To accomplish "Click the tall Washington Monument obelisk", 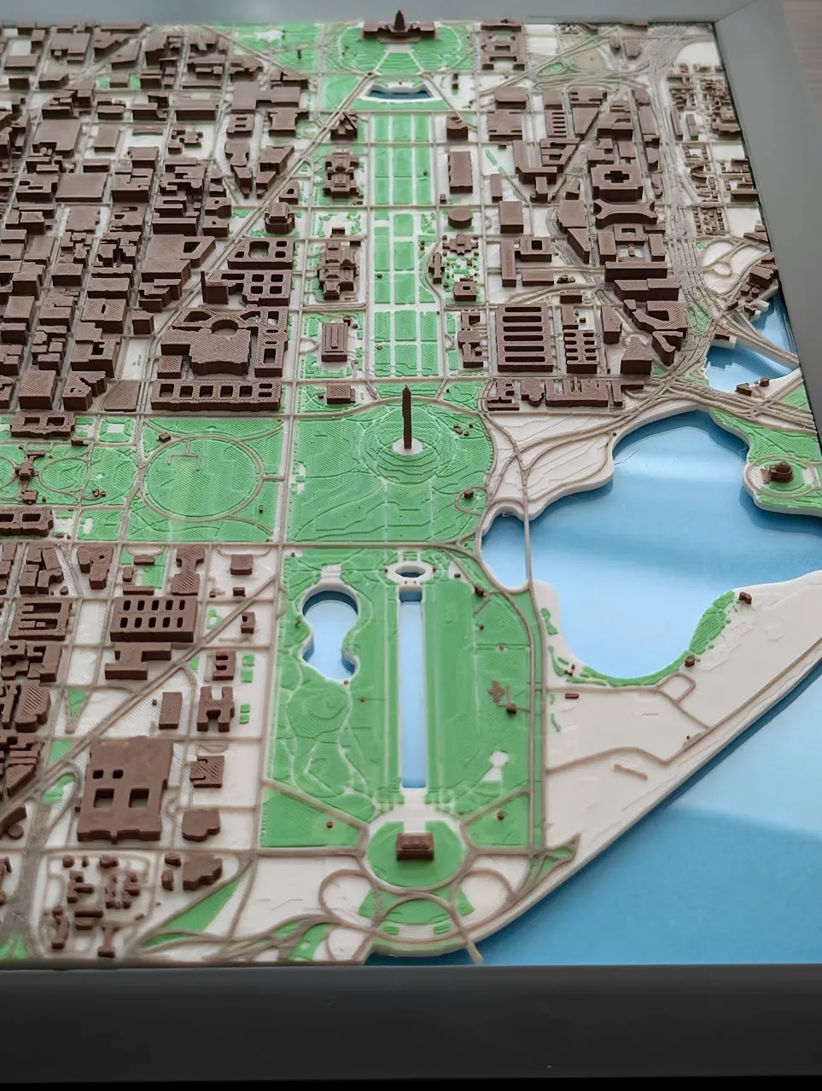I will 407,418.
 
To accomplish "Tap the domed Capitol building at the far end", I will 399,27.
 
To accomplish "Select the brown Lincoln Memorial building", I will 414,846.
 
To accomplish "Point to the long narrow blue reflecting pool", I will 412,682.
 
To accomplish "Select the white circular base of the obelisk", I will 408,446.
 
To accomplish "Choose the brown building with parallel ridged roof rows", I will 524,338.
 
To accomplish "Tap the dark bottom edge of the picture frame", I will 410,1024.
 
